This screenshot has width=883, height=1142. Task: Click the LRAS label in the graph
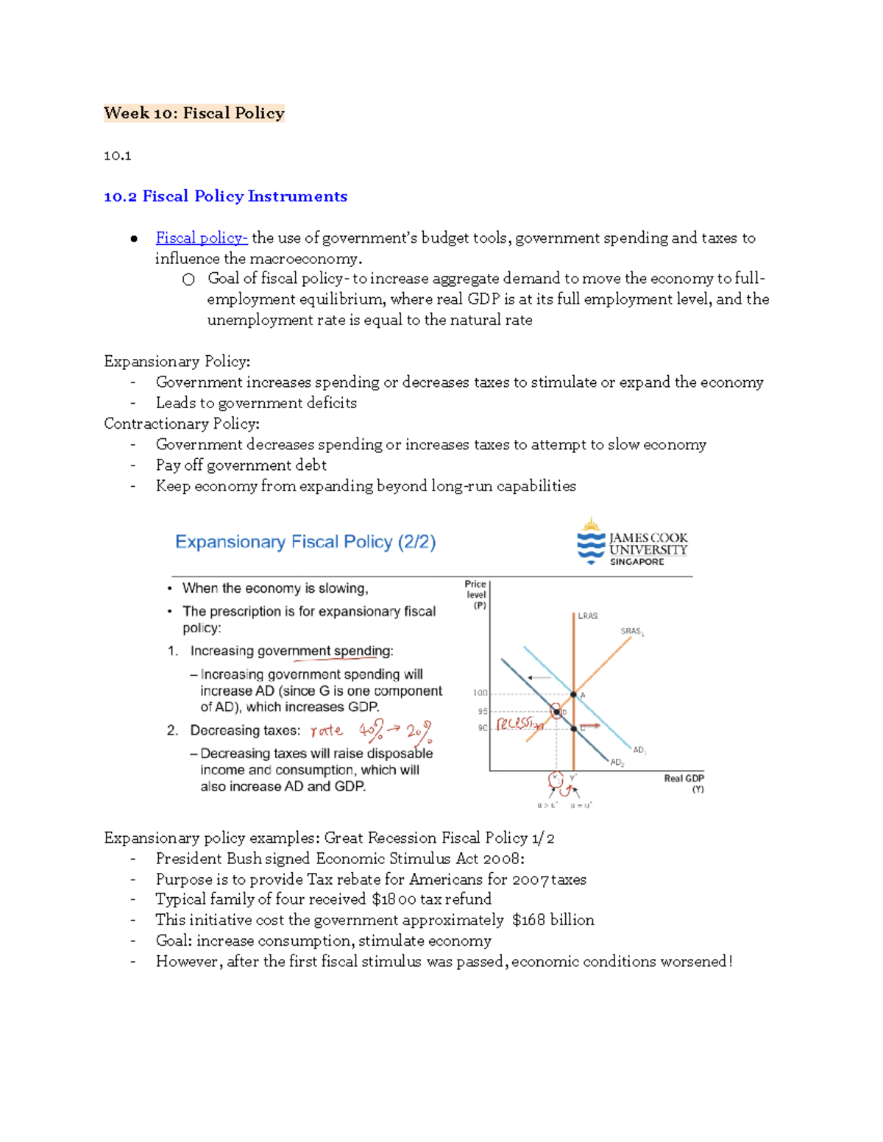pos(587,616)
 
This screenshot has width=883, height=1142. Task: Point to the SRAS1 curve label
pos(632,632)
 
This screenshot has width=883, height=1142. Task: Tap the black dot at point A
pos(574,694)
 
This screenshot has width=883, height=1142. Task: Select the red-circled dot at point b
pos(557,711)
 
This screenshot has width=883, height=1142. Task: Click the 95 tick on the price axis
pos(483,712)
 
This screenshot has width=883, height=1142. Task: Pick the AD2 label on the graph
pos(617,763)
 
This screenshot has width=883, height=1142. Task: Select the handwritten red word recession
pos(519,724)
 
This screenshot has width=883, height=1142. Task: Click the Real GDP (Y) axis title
pos(684,783)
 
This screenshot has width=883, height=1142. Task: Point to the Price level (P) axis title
pos(476,595)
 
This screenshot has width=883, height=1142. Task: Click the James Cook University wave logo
pos(590,545)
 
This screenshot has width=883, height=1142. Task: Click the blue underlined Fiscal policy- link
pos(201,238)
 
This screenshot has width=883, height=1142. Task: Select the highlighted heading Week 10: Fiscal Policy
pos(194,113)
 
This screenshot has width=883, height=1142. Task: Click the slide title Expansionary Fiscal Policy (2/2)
pos(305,542)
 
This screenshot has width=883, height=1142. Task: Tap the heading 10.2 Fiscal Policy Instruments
pos(225,196)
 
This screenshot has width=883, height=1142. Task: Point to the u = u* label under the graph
pos(581,805)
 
